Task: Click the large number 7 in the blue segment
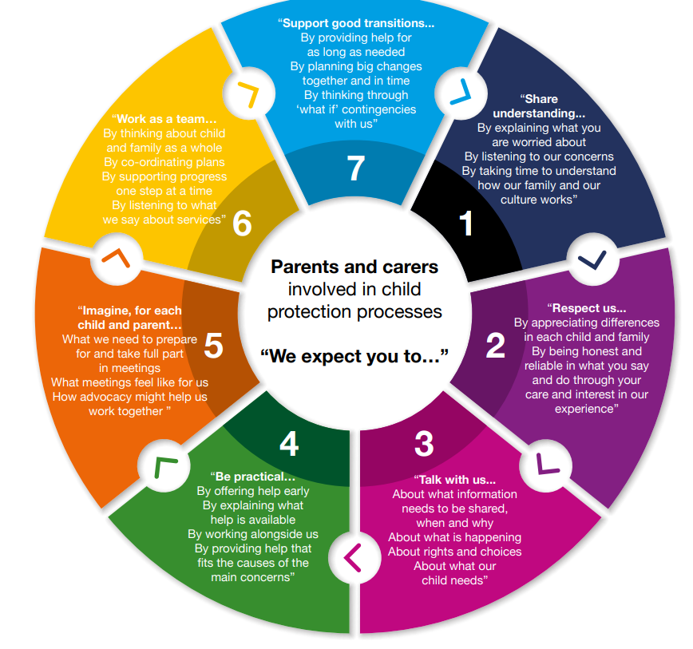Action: pos(356,168)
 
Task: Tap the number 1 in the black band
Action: pos(467,224)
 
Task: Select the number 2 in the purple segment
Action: pos(495,345)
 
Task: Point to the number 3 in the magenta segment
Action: pos(424,444)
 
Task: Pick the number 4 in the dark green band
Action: pos(289,444)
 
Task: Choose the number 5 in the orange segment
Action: pos(213,345)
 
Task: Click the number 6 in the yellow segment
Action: pos(242,224)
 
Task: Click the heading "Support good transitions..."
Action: pos(356,23)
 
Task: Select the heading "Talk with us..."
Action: pos(455,480)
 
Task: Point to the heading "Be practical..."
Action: pos(253,477)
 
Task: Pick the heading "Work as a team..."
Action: pos(164,119)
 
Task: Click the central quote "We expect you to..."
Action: pos(354,355)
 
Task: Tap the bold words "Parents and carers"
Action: pos(354,267)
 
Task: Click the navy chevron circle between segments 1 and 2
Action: pos(592,259)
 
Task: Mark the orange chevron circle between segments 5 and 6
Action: pos(117,258)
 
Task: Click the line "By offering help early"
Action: pos(253,491)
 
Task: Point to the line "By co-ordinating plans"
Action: pos(164,162)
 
